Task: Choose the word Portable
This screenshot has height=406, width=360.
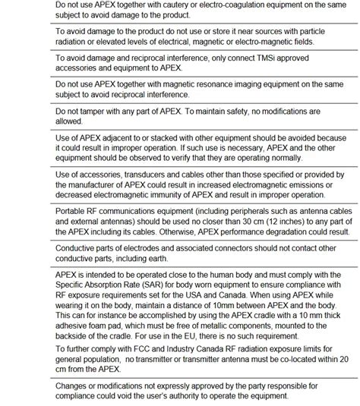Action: pos(74,212)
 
